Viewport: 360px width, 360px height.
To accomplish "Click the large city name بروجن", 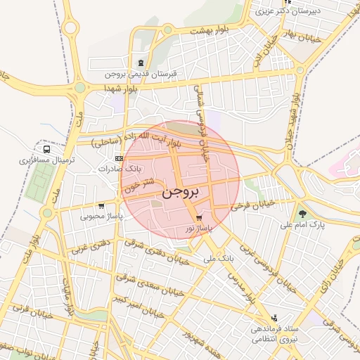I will [x=181, y=191].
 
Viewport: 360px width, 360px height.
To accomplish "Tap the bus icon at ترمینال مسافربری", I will [x=46, y=149].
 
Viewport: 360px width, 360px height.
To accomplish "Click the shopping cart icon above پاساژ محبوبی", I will [x=102, y=206].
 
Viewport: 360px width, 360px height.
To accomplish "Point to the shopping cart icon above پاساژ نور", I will [x=199, y=218].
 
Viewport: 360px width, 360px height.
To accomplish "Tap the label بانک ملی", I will [x=219, y=259].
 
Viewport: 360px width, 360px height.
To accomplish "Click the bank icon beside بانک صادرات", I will [x=118, y=159].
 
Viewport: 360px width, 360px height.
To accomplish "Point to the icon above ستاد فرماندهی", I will [x=274, y=318].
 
